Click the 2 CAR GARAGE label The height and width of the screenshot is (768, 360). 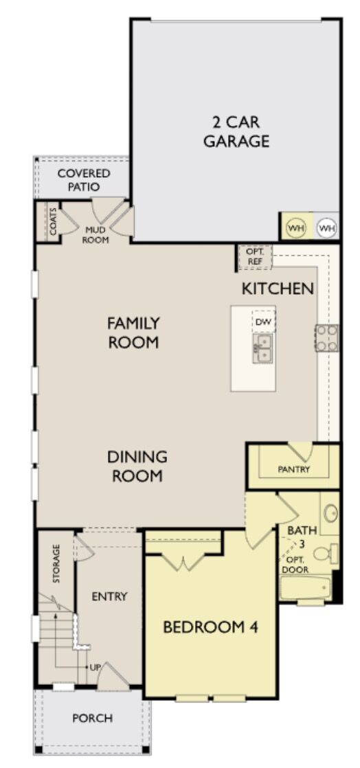coord(240,131)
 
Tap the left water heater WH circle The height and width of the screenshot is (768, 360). coord(295,227)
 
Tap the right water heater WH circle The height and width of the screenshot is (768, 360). coord(326,227)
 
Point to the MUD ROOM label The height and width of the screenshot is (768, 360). coord(95,235)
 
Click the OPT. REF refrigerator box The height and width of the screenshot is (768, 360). coord(255,257)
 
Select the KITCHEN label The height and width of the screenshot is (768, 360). coord(278,289)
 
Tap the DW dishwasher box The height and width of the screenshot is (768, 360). coord(262,321)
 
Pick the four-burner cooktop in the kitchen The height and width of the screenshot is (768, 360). coord(327,337)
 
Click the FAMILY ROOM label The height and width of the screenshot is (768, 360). coord(133,332)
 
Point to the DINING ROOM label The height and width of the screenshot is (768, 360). coord(137,466)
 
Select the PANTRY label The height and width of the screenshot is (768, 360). coord(293,470)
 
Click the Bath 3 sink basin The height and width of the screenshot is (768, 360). coord(330,514)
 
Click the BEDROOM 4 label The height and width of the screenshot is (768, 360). coord(210,626)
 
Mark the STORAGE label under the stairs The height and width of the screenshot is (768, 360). coord(56,563)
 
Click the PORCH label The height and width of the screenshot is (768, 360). coord(92,718)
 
